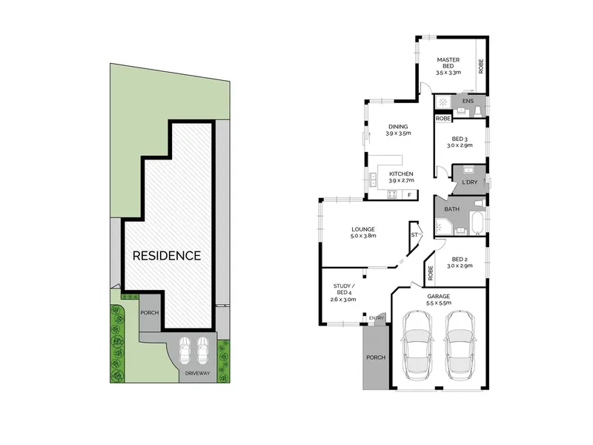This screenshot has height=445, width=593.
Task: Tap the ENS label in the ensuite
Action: coord(468,101)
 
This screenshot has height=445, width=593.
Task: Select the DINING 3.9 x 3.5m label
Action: coord(398,130)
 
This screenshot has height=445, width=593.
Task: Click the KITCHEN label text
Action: coord(401,174)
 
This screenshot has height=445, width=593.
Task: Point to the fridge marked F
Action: coord(409,195)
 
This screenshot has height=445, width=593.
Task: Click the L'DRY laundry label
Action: coord(470,182)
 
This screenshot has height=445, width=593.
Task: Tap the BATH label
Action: coord(451,209)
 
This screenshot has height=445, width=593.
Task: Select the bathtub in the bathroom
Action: coord(477,223)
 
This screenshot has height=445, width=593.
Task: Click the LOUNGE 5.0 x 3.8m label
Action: coord(363,232)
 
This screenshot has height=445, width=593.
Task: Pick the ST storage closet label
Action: coord(414,235)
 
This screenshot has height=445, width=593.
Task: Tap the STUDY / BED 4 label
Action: coord(343,292)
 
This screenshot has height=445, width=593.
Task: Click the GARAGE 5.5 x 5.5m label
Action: coord(439,300)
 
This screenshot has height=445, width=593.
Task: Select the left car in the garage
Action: coord(416,346)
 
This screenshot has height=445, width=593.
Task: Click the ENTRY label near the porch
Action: coord(377,318)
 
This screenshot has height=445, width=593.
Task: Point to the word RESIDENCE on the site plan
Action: coord(167,256)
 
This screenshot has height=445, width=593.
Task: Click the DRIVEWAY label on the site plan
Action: coord(197,373)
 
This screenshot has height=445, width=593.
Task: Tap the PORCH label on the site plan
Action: coord(150,313)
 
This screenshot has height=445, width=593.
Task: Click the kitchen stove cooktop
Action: coord(392,195)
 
